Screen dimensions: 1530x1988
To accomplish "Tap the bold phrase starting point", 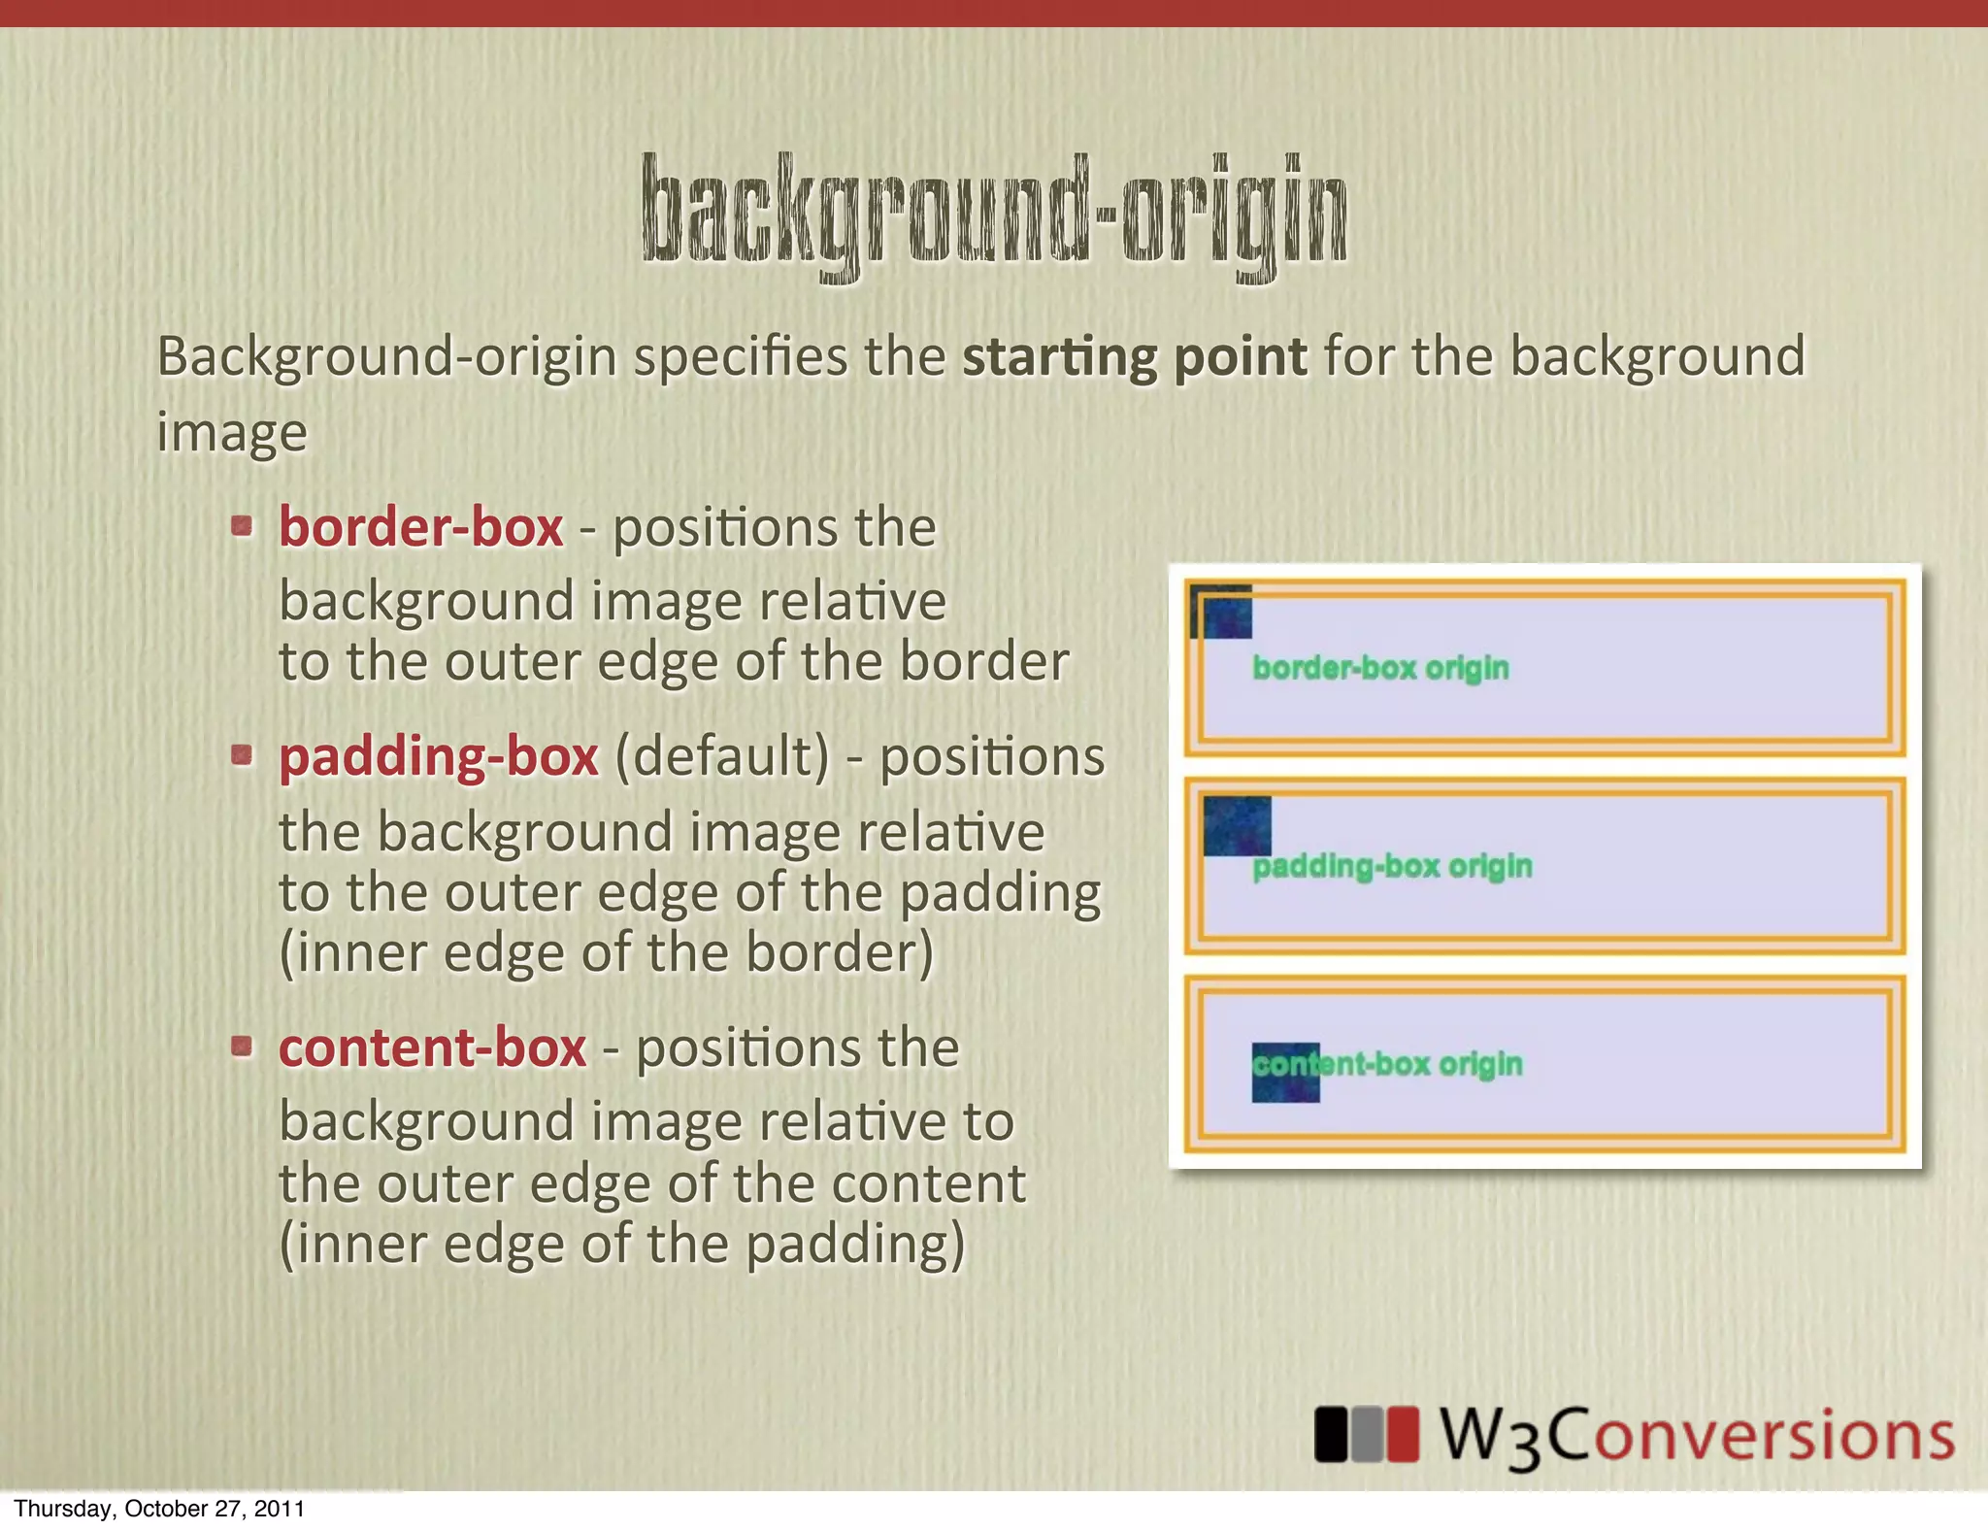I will coord(1134,356).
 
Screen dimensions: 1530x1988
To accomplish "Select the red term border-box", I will coord(420,527).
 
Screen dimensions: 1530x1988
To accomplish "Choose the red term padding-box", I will coord(439,756).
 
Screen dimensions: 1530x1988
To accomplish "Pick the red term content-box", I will coord(432,1048).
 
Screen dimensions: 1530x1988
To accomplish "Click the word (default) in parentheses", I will coord(723,756).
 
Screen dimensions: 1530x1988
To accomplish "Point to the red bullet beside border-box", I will coord(242,527).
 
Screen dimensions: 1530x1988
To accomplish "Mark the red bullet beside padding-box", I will coord(242,755).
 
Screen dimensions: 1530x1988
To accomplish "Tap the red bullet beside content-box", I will coord(242,1047).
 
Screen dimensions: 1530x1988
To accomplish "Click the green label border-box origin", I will coord(1380,668).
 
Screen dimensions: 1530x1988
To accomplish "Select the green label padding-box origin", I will coord(1392,866).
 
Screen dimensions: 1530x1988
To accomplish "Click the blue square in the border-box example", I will coord(1222,614).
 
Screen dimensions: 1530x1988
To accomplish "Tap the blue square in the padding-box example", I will coord(1237,825).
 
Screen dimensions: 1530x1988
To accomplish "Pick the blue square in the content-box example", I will coord(1285,1073).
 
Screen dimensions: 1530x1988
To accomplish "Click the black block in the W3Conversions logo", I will coord(1331,1435).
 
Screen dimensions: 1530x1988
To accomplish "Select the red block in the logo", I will coord(1402,1435).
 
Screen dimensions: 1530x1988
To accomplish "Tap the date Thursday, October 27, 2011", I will coord(159,1509).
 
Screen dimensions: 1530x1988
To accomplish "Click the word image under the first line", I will coord(232,433).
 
